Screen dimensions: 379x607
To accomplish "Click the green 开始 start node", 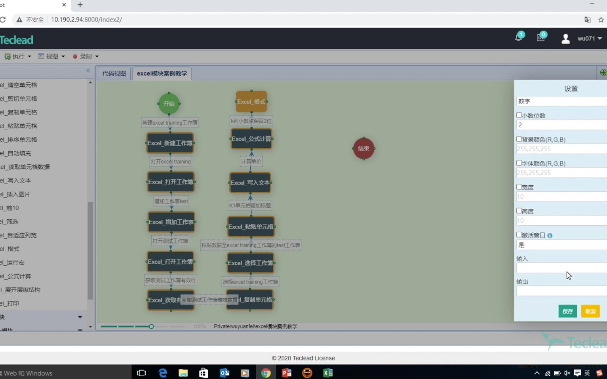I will (169, 104).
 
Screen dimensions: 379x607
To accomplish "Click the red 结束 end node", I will (364, 148).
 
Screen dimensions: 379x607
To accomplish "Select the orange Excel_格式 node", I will (251, 102).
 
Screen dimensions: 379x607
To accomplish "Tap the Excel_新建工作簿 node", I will (170, 143).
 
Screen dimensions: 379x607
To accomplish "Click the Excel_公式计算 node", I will (251, 139).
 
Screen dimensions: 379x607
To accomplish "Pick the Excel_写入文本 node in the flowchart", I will (250, 183).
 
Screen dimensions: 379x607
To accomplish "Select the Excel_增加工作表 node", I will (171, 222).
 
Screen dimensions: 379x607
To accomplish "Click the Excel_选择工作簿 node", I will (250, 263).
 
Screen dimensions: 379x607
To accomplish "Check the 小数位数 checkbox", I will (519, 115).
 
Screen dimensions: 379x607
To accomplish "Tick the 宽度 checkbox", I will (519, 187).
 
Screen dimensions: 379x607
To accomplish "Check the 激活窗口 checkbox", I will (519, 234).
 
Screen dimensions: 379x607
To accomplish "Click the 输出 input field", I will (561, 291).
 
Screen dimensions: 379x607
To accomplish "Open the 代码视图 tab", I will (114, 73).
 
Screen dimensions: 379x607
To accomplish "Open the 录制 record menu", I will (86, 56).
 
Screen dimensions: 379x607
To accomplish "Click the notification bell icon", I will (518, 38).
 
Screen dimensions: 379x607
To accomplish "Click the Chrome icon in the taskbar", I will (266, 373).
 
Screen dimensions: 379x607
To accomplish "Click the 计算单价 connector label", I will (251, 161).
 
